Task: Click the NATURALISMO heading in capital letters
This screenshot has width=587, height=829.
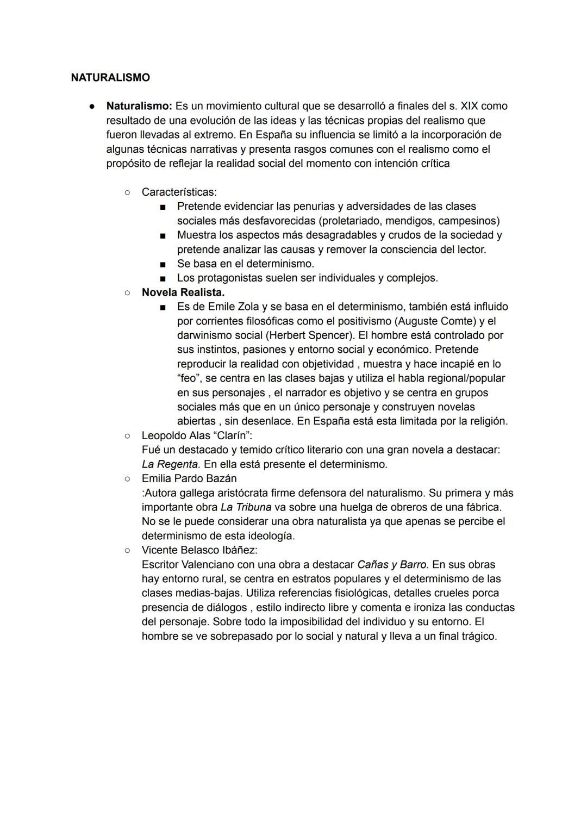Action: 110,78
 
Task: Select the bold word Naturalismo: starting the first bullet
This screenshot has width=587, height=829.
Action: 139,106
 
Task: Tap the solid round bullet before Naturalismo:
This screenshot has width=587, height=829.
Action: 93,107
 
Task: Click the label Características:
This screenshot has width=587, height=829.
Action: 179,192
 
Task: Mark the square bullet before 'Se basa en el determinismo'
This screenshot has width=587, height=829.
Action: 163,264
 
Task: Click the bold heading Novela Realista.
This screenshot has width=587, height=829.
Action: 183,292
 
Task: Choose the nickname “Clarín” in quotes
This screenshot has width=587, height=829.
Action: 232,435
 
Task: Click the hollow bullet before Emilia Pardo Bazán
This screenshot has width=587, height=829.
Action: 127,479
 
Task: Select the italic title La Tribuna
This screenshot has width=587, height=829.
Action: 246,507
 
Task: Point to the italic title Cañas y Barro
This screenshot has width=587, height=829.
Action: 392,564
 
